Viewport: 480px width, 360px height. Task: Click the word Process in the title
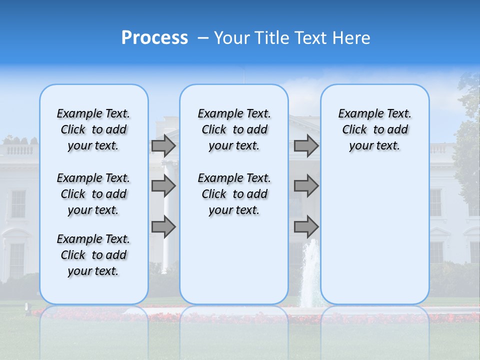[154, 38]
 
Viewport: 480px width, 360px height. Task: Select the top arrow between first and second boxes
[163, 145]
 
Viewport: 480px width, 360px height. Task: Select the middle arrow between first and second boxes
[163, 186]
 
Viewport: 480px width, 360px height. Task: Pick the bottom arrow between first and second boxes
[163, 227]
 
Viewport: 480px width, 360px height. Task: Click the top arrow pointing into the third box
[306, 145]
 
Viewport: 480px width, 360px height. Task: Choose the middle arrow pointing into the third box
[306, 186]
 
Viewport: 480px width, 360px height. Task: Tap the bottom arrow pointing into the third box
[306, 227]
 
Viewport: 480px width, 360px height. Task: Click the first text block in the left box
[93, 129]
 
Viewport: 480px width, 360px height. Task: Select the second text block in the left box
[93, 194]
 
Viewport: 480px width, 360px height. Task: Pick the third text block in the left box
[93, 255]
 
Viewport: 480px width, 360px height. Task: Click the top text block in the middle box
[234, 129]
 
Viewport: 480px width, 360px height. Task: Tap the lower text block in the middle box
[234, 194]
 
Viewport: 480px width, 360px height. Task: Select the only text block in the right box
[374, 129]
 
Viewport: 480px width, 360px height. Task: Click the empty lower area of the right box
[374, 235]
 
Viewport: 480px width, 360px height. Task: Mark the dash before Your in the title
[203, 38]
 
